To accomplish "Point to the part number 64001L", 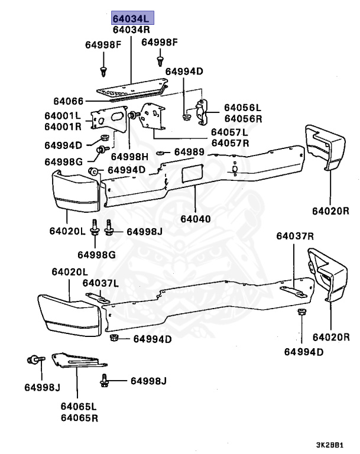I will point(62,116).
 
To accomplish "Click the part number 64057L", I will point(230,132).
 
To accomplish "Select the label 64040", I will point(195,219).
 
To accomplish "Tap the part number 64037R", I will point(295,252).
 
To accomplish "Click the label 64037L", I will point(99,284).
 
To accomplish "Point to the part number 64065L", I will point(79,407).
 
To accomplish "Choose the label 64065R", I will point(79,418).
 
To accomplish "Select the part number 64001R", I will point(62,126).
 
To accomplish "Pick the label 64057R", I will point(230,142).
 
